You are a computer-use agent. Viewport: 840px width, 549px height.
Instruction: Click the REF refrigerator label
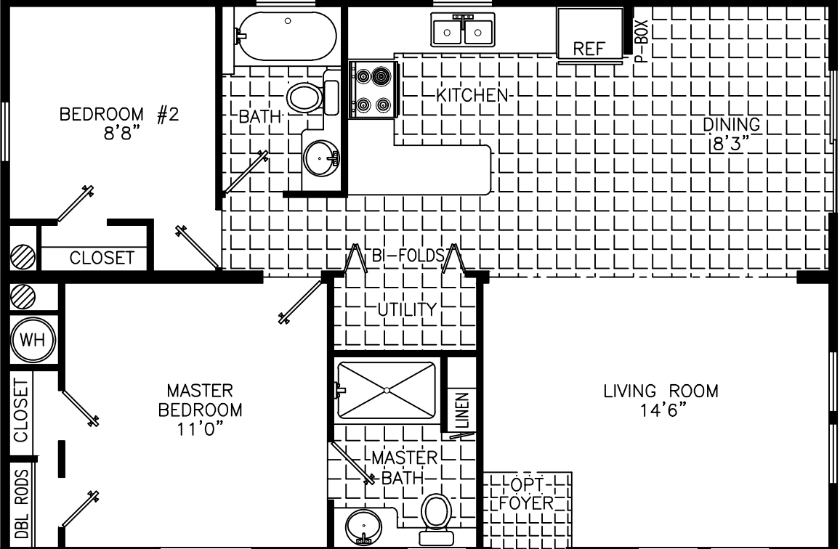click(589, 49)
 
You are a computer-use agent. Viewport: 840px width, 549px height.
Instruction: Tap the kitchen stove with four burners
click(373, 90)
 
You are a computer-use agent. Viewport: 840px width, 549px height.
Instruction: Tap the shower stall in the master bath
click(386, 390)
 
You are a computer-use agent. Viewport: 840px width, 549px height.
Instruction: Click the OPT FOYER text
click(528, 494)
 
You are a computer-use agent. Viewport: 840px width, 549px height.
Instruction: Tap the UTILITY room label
click(405, 310)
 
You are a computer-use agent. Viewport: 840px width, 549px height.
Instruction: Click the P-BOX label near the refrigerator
click(641, 41)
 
